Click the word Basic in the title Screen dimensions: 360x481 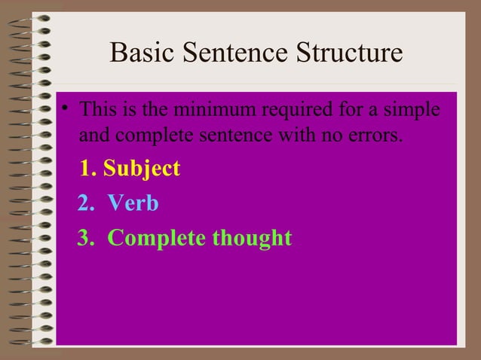[x=139, y=54]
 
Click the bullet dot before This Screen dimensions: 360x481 [x=66, y=109]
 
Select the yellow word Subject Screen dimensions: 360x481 [x=142, y=168]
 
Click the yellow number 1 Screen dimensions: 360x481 [x=87, y=168]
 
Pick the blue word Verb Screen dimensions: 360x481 [x=133, y=203]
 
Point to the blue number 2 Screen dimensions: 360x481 [x=84, y=203]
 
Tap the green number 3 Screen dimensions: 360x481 [x=84, y=238]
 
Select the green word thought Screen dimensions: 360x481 [x=251, y=238]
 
